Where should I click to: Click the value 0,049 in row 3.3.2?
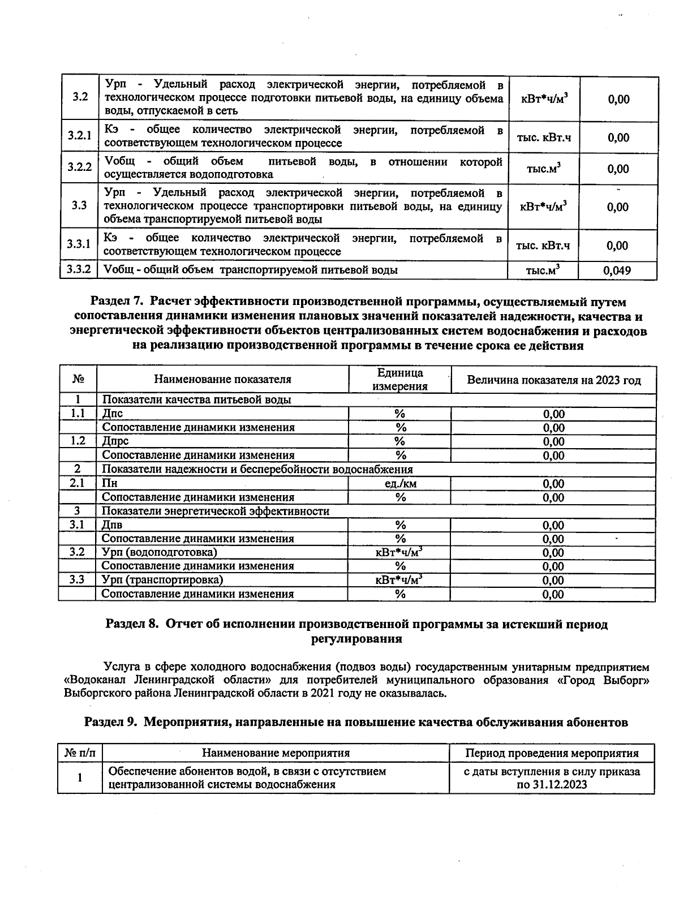pos(617,270)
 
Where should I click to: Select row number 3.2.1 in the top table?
pos(79,136)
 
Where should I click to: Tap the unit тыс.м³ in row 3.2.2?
pos(543,169)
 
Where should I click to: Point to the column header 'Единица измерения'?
pos(399,379)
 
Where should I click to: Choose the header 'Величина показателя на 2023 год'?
pos(553,380)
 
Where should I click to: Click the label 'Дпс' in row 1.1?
pos(112,414)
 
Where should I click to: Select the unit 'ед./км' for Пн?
pos(400,483)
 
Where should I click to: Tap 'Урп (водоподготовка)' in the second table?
pos(159,552)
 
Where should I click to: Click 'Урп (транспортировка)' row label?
pos(162,580)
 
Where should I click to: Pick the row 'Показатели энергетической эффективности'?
pos(215,511)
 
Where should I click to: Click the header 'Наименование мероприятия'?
pos(276,753)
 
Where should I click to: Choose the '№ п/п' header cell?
pos(80,753)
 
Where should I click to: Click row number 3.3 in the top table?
pos(79,205)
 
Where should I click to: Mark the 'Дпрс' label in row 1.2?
pos(115,441)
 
